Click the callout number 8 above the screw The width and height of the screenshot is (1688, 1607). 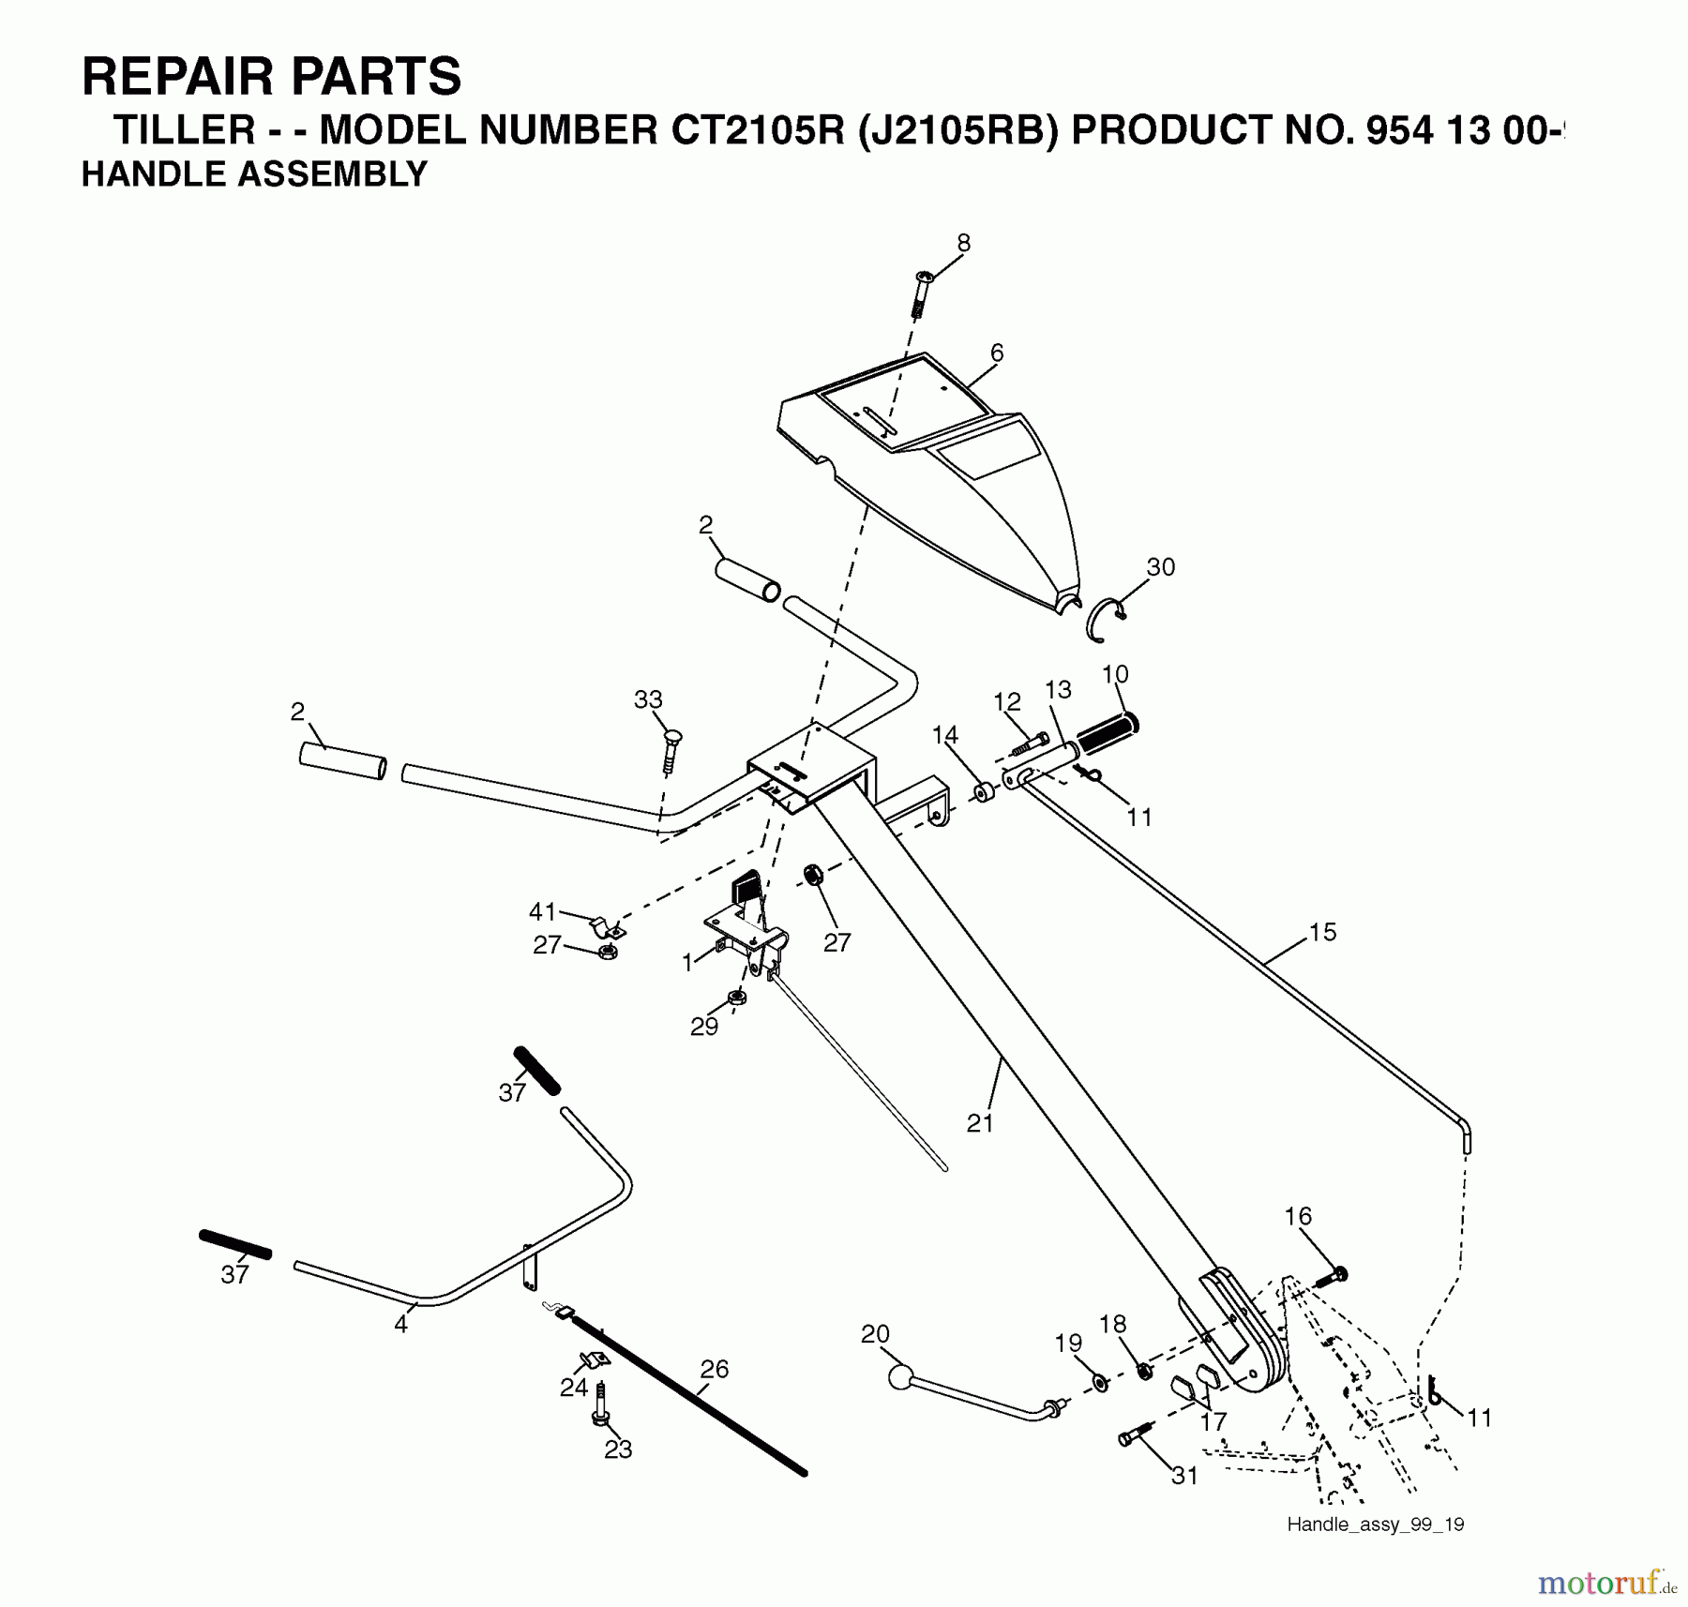(964, 243)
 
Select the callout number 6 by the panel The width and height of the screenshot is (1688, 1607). (997, 353)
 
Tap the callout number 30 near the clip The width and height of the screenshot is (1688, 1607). (1161, 567)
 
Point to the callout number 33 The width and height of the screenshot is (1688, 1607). (648, 699)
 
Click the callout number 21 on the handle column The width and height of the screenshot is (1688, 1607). (980, 1122)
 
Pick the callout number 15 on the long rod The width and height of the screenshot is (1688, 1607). (1322, 932)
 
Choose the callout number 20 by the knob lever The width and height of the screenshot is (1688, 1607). (875, 1334)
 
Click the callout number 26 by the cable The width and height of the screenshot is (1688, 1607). (715, 1369)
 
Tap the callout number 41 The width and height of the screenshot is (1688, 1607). (543, 911)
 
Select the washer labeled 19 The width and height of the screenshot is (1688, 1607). (1100, 1383)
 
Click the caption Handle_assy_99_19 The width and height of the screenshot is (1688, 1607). (1375, 1524)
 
